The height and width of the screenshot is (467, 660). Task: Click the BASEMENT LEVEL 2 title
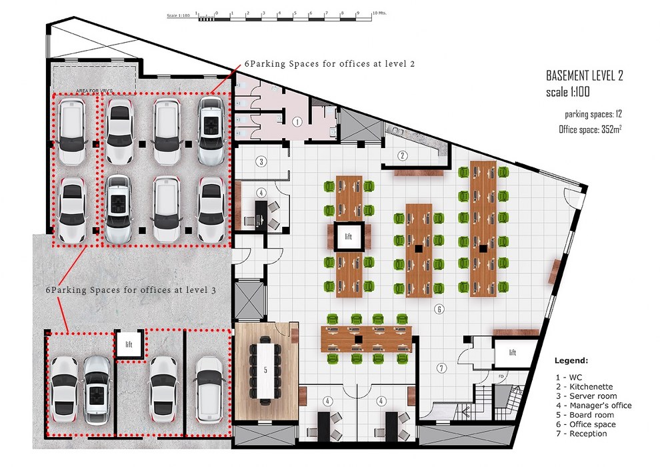coord(585,75)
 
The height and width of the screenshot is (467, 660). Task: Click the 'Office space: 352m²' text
coord(590,129)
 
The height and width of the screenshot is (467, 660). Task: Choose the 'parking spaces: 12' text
coord(593,114)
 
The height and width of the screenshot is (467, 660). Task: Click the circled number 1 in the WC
coord(298,121)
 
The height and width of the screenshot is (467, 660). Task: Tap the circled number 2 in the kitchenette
coord(403,156)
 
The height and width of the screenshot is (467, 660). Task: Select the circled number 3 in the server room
coord(262,161)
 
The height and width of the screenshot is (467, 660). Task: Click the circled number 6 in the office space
coord(439,309)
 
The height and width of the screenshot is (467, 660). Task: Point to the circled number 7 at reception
coord(441,368)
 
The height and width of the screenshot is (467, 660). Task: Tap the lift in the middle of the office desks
coord(348,237)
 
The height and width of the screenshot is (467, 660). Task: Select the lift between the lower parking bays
coord(129,344)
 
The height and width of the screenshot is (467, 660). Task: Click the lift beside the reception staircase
coord(512,352)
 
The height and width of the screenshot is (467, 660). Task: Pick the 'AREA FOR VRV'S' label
coord(93,89)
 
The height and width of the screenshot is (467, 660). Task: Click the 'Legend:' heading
coord(571,360)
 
